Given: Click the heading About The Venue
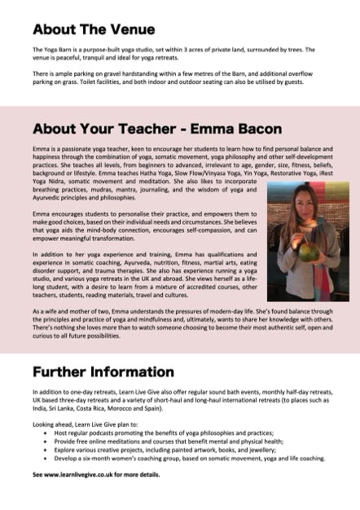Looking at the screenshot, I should [x=94, y=30].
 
